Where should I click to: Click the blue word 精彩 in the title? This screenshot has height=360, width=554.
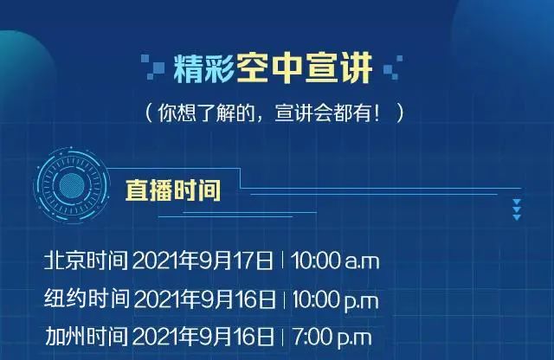click(x=204, y=68)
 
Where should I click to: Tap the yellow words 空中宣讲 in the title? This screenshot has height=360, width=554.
click(x=305, y=67)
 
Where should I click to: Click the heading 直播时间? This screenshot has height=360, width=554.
click(x=173, y=190)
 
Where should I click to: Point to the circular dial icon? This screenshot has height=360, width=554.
click(x=72, y=185)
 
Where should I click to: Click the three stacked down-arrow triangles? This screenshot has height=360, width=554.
click(x=517, y=209)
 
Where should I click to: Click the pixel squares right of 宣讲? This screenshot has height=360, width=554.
click(x=393, y=67)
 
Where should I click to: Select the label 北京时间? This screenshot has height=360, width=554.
click(x=86, y=260)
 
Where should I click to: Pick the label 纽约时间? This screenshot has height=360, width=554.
click(x=87, y=299)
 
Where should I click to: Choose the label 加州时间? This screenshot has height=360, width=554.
click(x=87, y=336)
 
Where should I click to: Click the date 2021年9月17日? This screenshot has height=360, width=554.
click(x=203, y=260)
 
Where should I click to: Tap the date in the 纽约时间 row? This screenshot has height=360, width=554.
click(x=204, y=299)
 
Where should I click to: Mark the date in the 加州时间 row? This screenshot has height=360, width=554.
click(x=203, y=337)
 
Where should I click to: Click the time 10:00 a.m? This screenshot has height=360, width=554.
click(x=335, y=260)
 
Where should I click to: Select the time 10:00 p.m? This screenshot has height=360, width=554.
click(x=336, y=300)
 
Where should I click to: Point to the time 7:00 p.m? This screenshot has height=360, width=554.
click(x=332, y=337)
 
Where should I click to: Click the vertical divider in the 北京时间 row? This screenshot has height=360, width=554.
click(x=282, y=260)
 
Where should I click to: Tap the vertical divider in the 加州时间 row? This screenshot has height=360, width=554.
click(x=283, y=337)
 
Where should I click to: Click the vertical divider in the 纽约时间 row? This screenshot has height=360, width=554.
click(x=285, y=299)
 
